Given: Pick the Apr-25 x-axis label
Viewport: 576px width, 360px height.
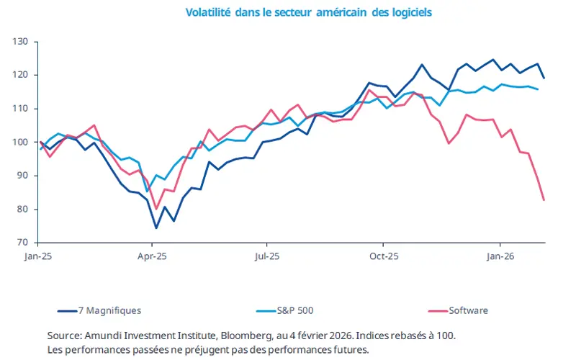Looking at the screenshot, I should click(x=153, y=256).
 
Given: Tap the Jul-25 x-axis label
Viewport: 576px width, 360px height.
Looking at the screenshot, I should click(x=267, y=256).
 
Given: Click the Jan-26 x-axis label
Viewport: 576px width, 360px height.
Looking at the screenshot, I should click(x=500, y=256).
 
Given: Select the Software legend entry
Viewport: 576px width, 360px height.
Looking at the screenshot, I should click(x=468, y=310).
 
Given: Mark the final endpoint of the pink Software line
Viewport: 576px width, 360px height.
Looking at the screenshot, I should click(x=544, y=199).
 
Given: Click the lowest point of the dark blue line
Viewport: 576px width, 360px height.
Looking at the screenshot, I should click(x=156, y=228).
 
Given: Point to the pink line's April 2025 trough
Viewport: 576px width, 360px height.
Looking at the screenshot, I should click(x=156, y=209).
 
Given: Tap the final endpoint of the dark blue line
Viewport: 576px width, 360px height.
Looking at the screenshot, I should click(x=544, y=78).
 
